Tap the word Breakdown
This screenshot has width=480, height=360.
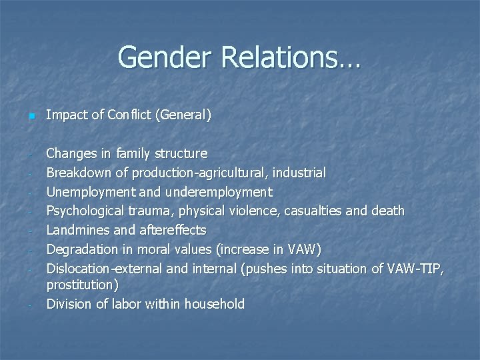coord(79,173)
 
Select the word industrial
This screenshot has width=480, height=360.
coord(299,173)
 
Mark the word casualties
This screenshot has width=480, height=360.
coord(316,211)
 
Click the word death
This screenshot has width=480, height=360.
coord(388,211)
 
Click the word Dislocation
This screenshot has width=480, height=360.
coord(78,269)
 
